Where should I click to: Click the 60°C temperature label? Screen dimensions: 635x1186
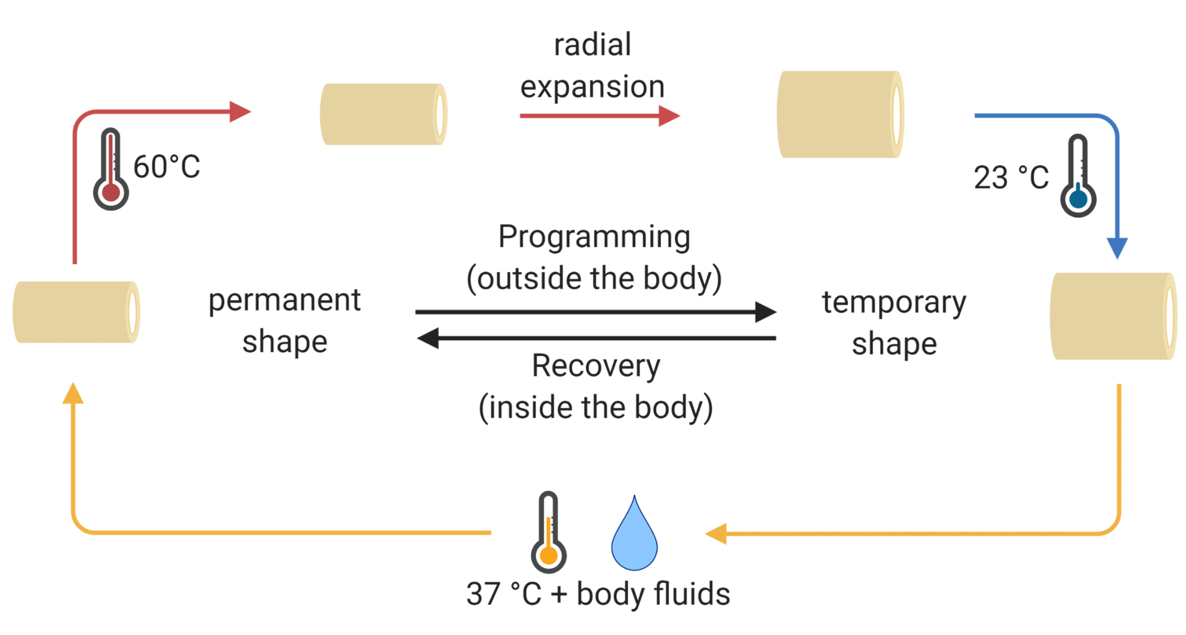click(167, 167)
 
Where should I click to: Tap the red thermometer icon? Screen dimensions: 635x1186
click(111, 169)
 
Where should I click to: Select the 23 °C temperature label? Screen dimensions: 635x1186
click(1011, 177)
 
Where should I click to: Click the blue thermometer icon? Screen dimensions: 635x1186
click(1078, 176)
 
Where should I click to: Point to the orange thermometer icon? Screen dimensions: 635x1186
click(548, 532)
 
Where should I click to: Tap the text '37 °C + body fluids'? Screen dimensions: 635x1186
click(598, 594)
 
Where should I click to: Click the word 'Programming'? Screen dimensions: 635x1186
click(594, 237)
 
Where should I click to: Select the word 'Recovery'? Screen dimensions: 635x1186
click(596, 366)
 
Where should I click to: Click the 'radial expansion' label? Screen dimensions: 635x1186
click(592, 65)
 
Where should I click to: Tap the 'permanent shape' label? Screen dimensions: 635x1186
click(284, 320)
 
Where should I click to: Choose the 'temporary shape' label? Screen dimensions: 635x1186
click(894, 323)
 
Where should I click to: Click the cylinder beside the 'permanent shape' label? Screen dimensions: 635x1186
click(76, 312)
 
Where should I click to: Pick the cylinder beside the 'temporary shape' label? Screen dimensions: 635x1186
click(1112, 316)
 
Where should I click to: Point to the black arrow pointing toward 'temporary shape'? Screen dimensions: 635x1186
click(596, 312)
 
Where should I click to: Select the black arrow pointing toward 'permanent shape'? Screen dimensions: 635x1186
click(596, 338)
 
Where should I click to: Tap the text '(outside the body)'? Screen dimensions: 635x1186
click(594, 279)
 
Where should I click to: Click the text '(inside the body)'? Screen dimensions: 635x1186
click(596, 407)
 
